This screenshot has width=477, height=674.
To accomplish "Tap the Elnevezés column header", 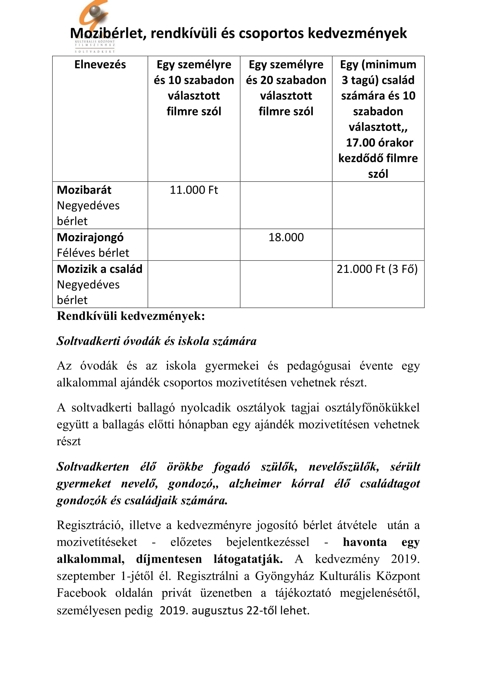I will click(x=100, y=65).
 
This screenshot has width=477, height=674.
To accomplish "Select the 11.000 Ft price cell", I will click(x=194, y=190).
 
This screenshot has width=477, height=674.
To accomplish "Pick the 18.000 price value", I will click(x=286, y=237).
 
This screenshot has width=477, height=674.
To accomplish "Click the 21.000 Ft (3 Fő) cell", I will click(x=377, y=269).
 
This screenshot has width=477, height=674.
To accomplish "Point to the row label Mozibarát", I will click(x=84, y=190).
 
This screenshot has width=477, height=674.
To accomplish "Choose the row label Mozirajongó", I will click(x=90, y=237).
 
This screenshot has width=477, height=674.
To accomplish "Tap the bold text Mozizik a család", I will click(x=99, y=269).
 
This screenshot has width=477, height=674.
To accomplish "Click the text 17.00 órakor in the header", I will click(x=380, y=143).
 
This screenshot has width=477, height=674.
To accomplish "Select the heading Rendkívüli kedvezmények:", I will click(x=131, y=316).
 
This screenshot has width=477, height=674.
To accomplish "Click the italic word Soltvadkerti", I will click(x=88, y=341).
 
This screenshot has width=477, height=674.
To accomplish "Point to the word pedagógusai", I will click(x=319, y=366).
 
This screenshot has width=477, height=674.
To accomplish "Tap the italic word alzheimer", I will click(x=255, y=484).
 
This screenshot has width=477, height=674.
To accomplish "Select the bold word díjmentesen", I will click(x=169, y=559).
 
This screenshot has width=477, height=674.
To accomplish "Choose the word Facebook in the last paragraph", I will click(x=81, y=593).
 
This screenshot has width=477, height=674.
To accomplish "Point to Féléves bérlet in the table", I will click(x=93, y=253).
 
